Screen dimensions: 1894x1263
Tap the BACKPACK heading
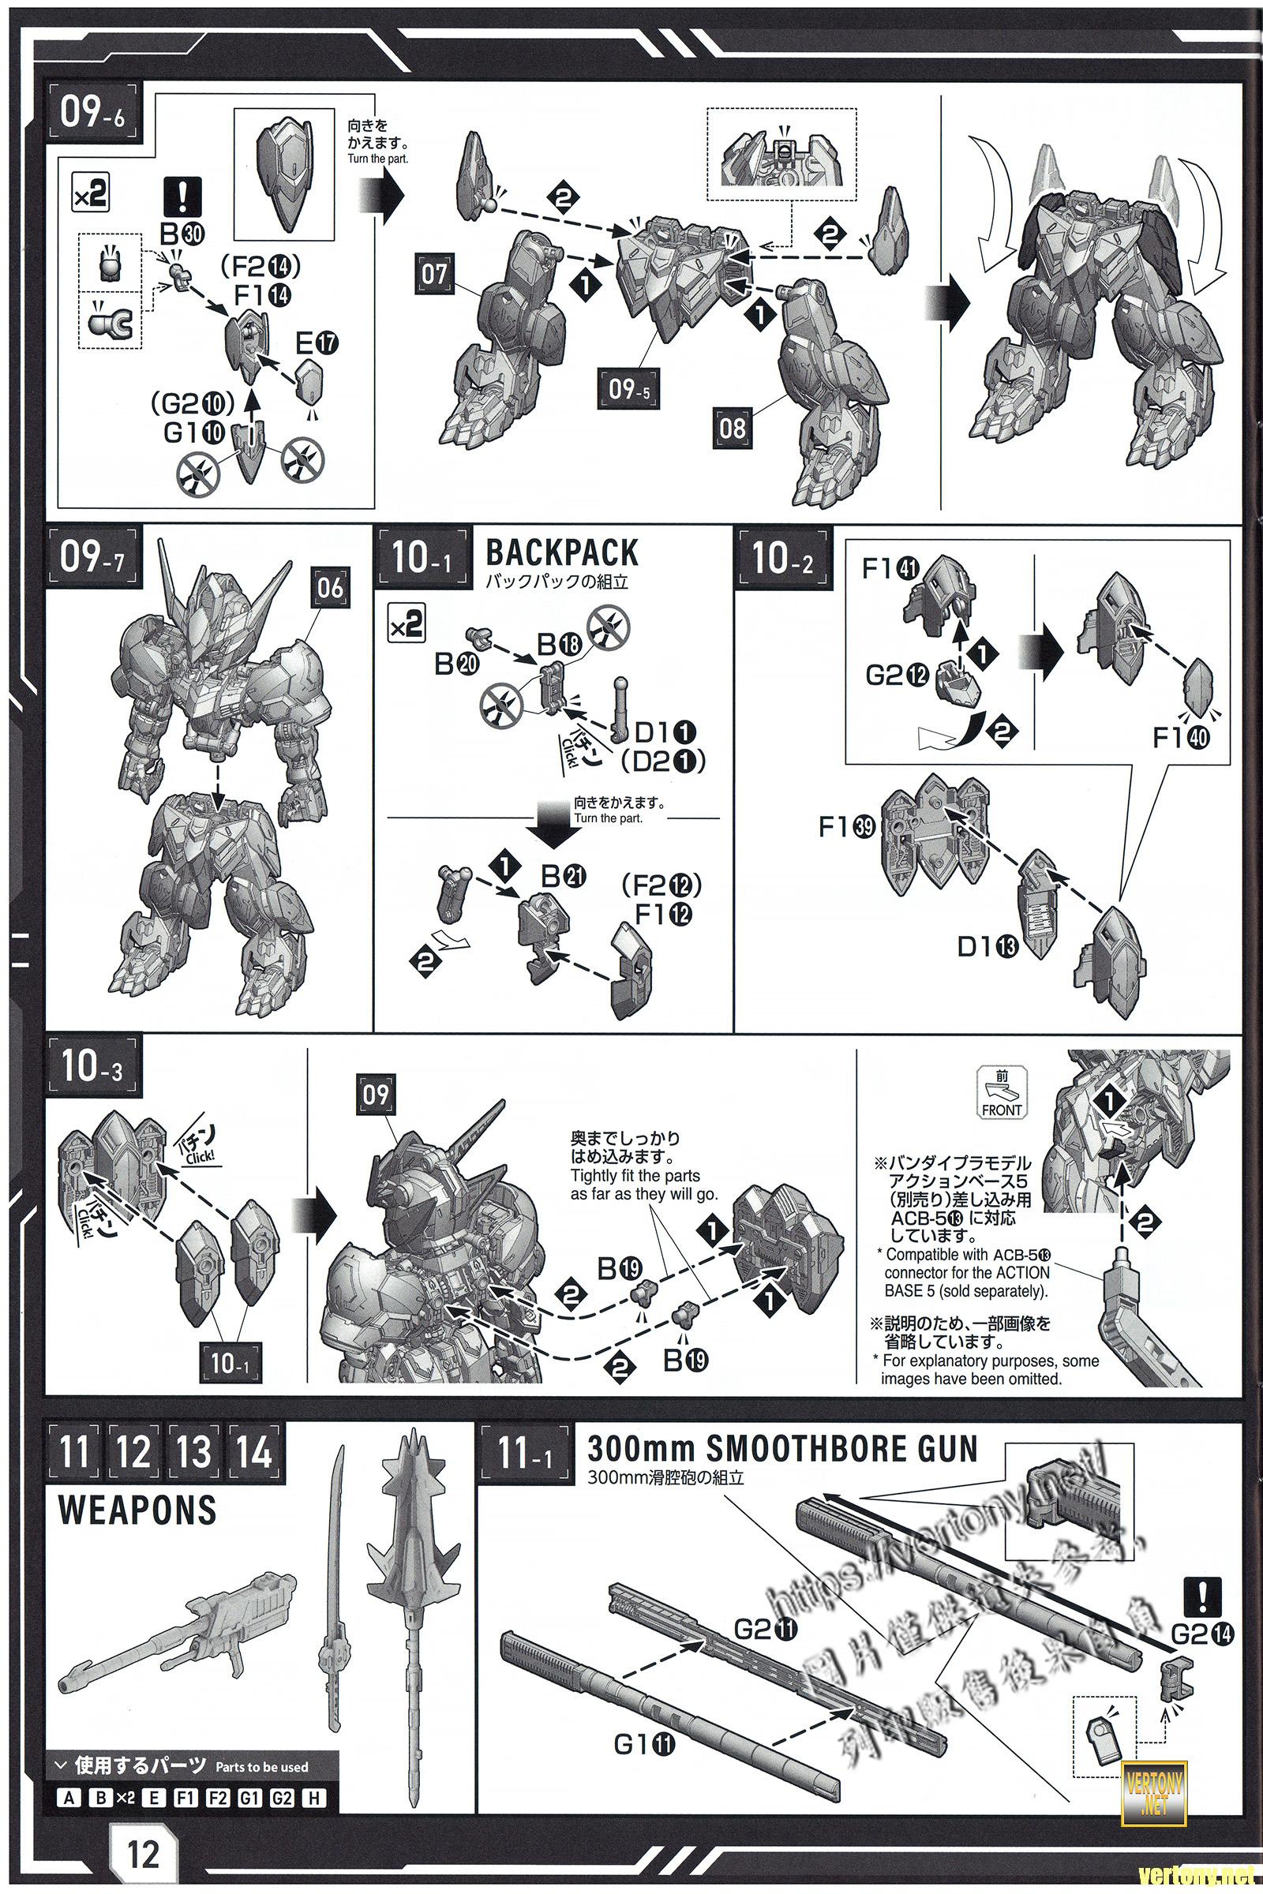click(x=561, y=553)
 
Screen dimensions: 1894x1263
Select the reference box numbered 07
click(x=434, y=275)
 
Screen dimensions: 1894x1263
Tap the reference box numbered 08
click(x=733, y=428)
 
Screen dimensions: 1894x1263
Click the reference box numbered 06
click(x=330, y=588)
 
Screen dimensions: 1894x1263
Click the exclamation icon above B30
click(x=183, y=195)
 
